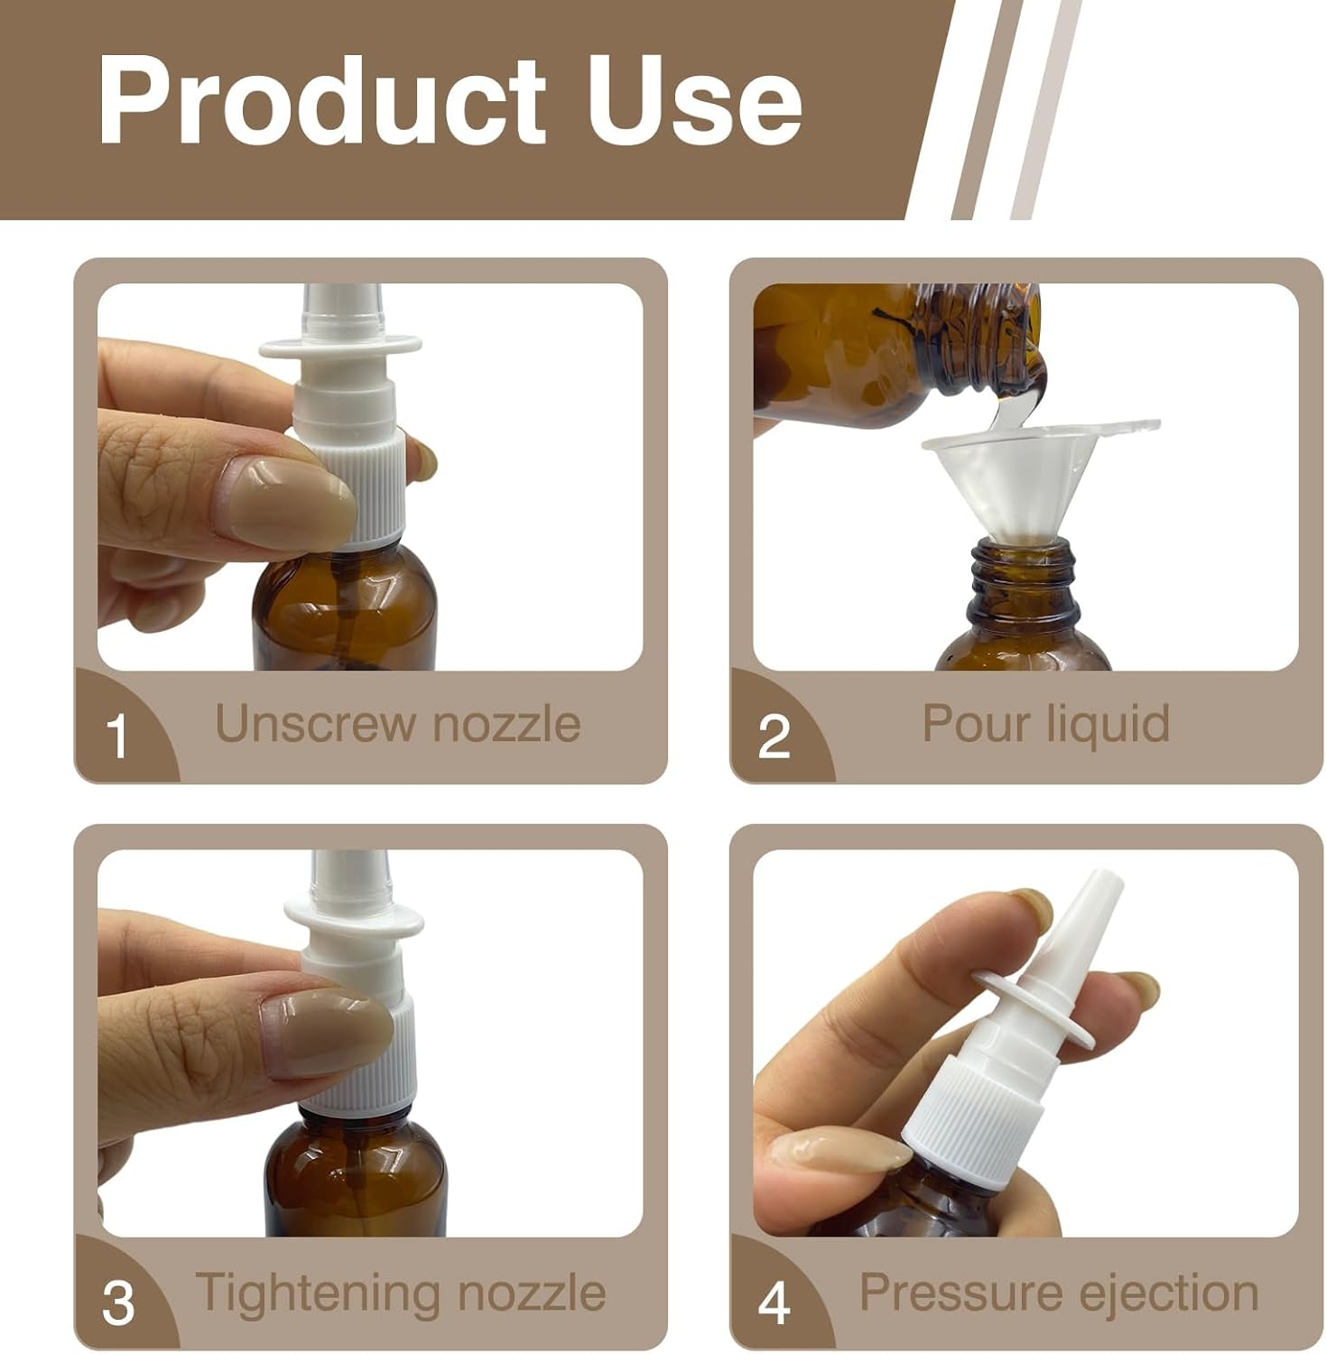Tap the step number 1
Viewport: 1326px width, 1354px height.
click(x=117, y=737)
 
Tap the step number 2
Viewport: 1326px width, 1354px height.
click(x=774, y=737)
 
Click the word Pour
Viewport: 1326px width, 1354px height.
click(x=973, y=724)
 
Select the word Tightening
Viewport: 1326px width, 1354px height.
click(x=318, y=1292)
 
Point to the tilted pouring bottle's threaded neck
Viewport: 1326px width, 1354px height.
click(x=975, y=344)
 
